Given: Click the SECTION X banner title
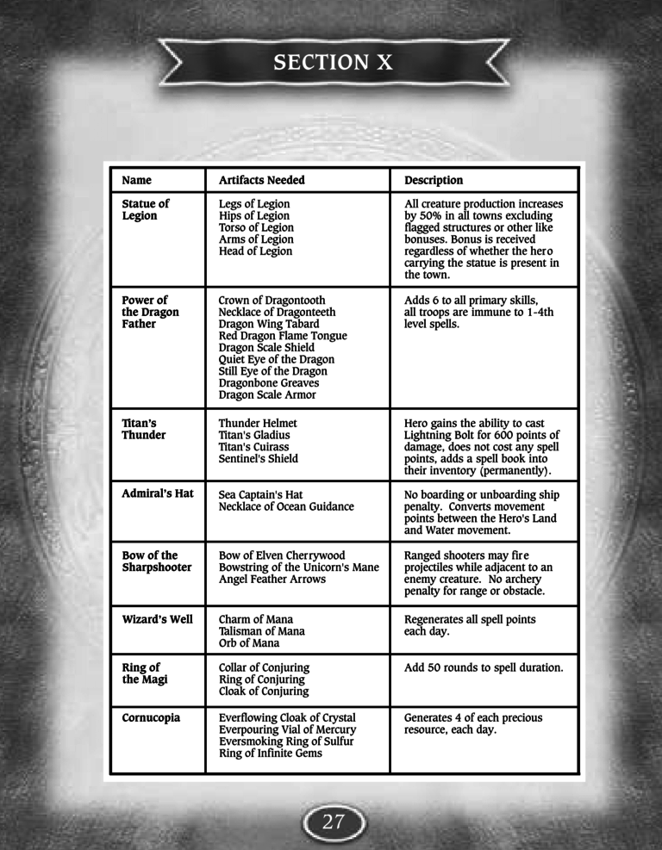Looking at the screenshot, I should [332, 62].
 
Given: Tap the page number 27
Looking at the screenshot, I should [333, 821].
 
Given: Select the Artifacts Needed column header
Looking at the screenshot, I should [261, 180].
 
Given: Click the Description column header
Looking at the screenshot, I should [434, 180].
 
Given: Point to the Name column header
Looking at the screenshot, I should [136, 180].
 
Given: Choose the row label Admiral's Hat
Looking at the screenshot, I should [158, 494].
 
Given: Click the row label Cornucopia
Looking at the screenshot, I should [151, 717].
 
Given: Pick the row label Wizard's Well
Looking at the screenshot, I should [158, 619].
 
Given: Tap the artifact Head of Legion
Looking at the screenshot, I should [255, 251].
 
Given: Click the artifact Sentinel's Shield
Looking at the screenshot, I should [259, 459].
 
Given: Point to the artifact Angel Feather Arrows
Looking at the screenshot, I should [272, 580].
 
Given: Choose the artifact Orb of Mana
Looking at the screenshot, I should [250, 643].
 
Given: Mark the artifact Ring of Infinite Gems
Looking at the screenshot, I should [271, 754].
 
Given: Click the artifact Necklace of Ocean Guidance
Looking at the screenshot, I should [286, 506].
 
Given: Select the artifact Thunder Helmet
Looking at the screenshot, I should [258, 423].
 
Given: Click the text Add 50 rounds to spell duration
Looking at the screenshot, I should [484, 667].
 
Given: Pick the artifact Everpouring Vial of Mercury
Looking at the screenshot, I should [287, 729].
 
